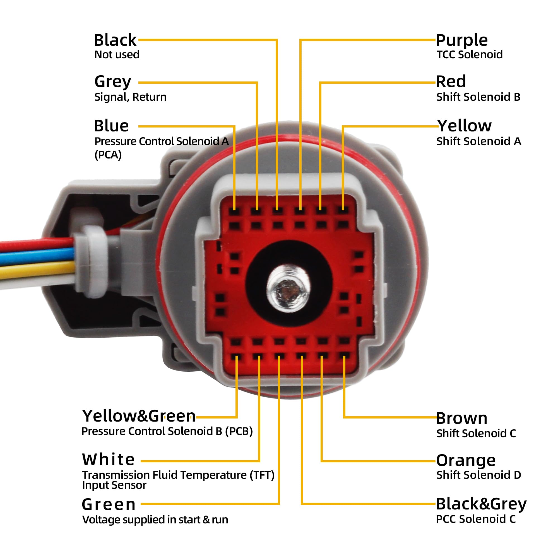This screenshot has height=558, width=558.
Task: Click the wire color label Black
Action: [115, 40]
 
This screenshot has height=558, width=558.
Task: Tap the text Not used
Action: [117, 55]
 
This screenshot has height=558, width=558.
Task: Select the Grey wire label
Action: [113, 82]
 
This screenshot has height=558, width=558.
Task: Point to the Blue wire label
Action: [111, 126]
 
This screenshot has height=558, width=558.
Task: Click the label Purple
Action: [462, 40]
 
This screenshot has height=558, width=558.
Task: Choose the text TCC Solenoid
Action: [470, 55]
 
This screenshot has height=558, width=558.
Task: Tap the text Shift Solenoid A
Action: [478, 141]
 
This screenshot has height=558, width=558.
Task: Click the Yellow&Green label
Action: [139, 416]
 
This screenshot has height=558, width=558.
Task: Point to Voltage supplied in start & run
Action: [155, 519]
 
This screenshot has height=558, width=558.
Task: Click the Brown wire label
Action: [461, 419]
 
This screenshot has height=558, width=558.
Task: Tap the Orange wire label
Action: [466, 461]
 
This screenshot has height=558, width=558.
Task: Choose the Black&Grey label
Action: [481, 504]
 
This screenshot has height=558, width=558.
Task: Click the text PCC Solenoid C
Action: [476, 519]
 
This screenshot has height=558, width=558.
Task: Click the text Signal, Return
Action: [130, 97]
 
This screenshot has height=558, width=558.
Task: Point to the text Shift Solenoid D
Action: [478, 475]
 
